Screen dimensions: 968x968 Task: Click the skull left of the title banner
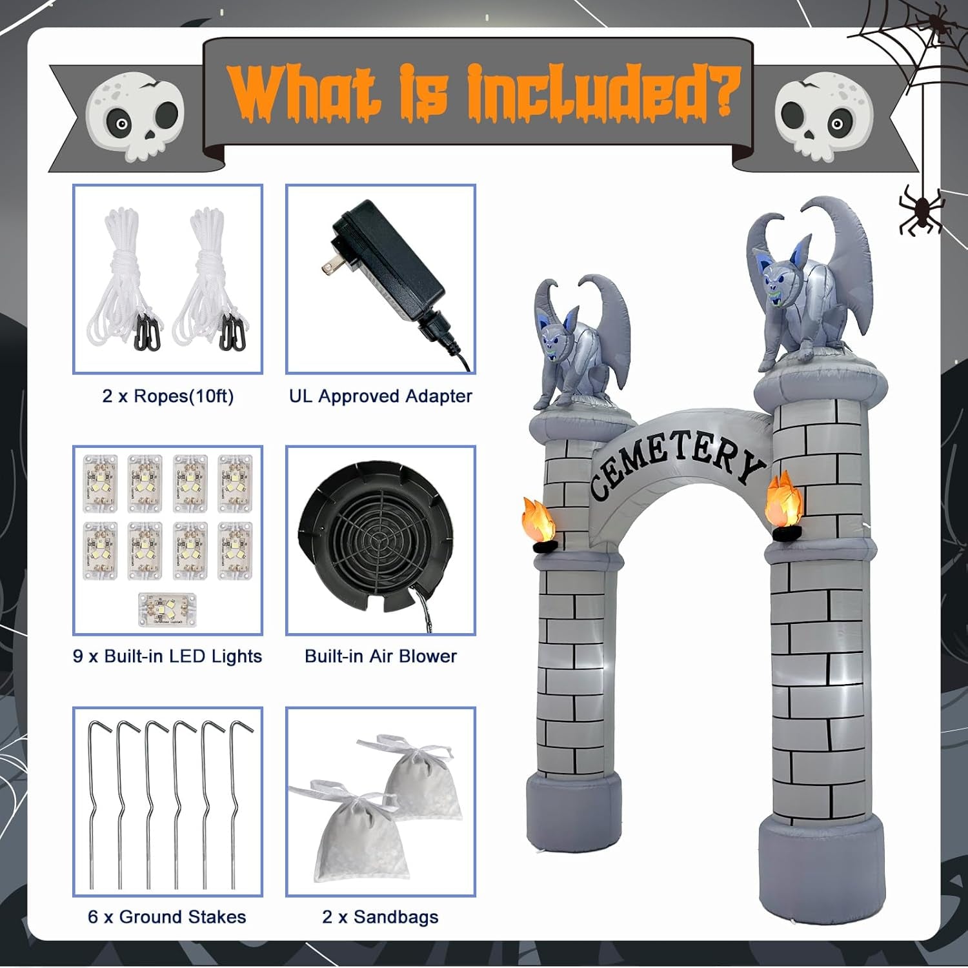(135, 116)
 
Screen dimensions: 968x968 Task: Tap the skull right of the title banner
(823, 116)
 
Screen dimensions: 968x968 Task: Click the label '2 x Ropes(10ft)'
(168, 396)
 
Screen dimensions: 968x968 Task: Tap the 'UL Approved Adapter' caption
(380, 396)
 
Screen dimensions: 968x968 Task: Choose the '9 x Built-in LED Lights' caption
(167, 656)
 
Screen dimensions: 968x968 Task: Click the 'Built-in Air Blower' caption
(380, 656)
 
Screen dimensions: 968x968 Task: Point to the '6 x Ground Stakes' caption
(167, 917)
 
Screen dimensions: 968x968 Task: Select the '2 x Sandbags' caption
(380, 917)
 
